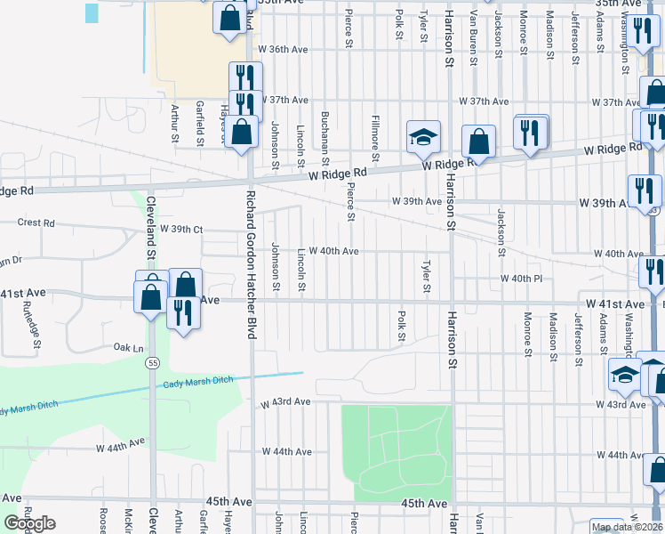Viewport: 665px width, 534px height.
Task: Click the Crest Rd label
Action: [x=36, y=223]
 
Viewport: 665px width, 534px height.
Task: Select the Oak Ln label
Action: [x=128, y=347]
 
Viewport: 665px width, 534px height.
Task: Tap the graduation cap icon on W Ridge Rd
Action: [x=424, y=137]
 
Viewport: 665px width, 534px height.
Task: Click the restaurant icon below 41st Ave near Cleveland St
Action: [x=183, y=312]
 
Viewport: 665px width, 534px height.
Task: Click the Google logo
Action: [x=29, y=523]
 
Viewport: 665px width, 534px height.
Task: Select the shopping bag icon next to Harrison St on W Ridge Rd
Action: [x=478, y=142]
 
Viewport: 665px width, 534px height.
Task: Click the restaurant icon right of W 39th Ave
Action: [x=644, y=190]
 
